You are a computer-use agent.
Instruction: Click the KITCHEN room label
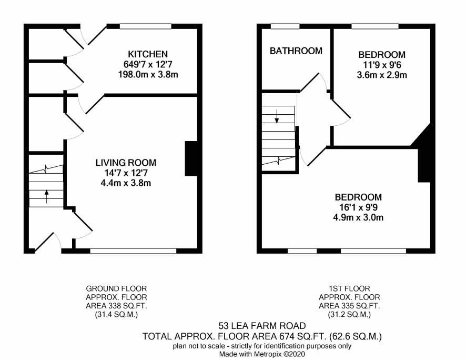[148, 54]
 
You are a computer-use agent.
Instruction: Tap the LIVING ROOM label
[126, 163]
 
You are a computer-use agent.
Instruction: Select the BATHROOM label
[296, 51]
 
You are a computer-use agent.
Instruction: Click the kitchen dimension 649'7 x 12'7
[148, 64]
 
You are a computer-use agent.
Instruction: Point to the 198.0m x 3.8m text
[148, 74]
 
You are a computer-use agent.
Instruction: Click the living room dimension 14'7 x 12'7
[126, 173]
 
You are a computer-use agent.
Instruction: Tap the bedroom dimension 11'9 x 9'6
[382, 65]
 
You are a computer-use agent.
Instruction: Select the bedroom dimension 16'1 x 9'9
[358, 207]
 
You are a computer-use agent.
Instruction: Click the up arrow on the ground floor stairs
[46, 197]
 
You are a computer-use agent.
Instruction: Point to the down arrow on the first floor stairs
[277, 116]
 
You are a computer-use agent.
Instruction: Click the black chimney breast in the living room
[191, 159]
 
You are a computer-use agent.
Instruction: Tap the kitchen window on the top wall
[146, 26]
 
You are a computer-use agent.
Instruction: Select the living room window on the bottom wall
[133, 251]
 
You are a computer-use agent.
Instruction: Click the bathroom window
[285, 26]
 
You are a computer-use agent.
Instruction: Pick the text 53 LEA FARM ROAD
[262, 326]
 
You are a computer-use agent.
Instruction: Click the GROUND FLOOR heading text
[117, 288]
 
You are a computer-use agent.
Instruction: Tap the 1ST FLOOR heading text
[349, 288]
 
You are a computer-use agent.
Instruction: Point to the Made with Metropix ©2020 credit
[262, 354]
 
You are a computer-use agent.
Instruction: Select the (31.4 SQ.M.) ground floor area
[117, 315]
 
